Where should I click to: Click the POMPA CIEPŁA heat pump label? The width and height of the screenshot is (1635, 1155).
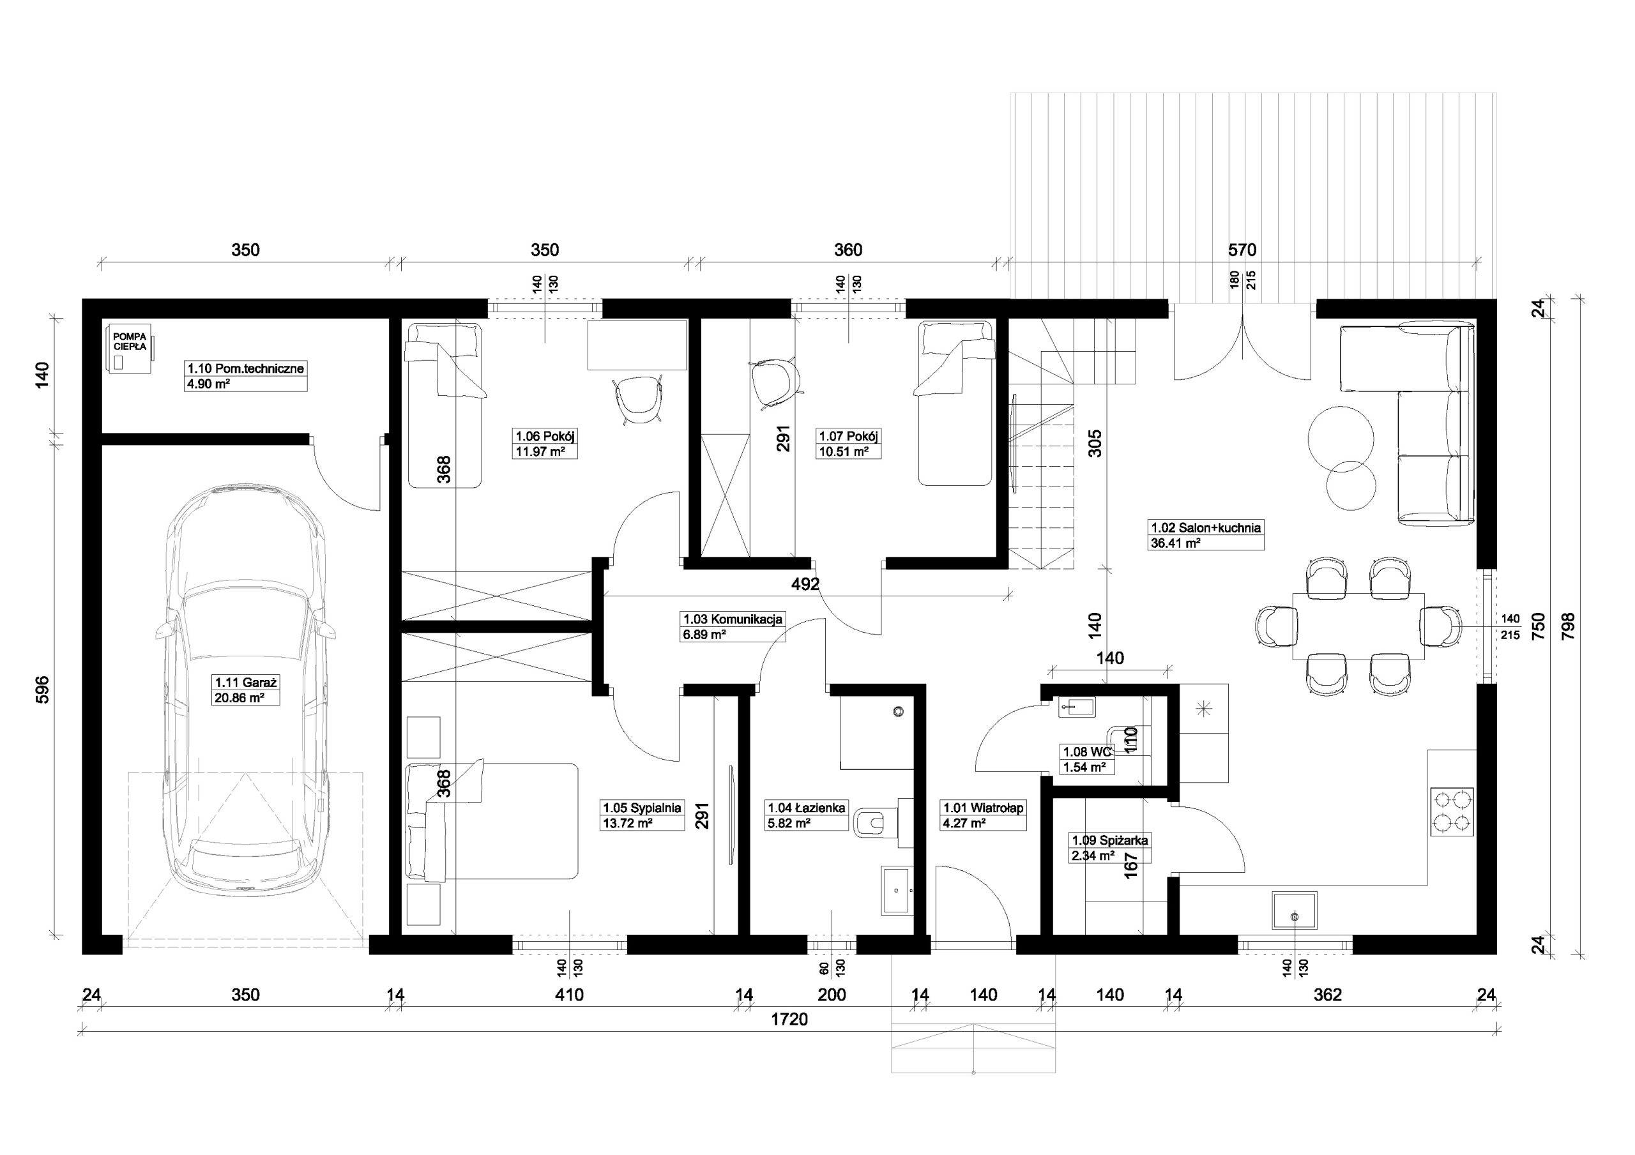coord(130,341)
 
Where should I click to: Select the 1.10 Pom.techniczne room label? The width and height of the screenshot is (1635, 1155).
coord(245,369)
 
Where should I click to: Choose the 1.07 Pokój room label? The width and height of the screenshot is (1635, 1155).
coord(849,436)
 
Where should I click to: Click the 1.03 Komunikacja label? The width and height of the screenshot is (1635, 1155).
coord(733,619)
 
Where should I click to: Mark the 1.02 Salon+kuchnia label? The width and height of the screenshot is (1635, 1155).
coord(1206,527)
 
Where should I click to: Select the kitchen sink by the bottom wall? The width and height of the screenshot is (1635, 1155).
coord(1294,910)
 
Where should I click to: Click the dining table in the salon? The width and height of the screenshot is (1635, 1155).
coord(1358,626)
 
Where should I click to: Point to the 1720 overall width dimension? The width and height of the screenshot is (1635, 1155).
coord(790,1020)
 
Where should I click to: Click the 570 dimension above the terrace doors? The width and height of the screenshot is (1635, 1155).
coord(1242,250)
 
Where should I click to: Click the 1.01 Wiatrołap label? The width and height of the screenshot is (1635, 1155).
coord(984,808)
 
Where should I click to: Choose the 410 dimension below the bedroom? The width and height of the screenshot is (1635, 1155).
coord(569,995)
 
